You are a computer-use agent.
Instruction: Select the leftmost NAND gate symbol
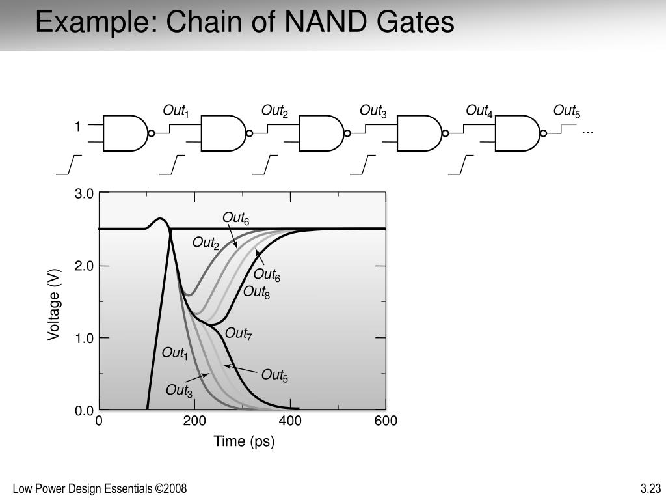point(126,133)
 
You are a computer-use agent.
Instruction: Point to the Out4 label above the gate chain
point(479,111)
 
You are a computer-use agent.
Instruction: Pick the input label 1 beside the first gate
point(77,127)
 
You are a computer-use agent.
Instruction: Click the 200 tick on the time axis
point(194,421)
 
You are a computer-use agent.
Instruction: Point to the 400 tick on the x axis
point(290,421)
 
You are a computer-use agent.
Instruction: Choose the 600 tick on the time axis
point(385,421)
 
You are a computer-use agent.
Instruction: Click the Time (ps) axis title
point(245,441)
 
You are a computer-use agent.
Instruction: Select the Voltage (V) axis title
point(54,303)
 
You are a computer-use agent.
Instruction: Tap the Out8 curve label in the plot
point(256,292)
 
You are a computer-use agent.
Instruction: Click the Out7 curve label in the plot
point(238,334)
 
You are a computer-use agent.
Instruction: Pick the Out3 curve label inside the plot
point(179,391)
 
